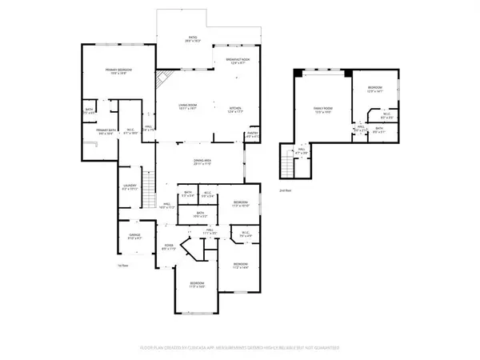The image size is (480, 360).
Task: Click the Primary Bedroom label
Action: coord(118,72)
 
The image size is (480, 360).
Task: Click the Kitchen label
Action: coord(235,110)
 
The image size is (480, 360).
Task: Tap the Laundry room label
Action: coord(130,188)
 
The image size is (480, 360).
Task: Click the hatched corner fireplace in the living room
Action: coord(163,79)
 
